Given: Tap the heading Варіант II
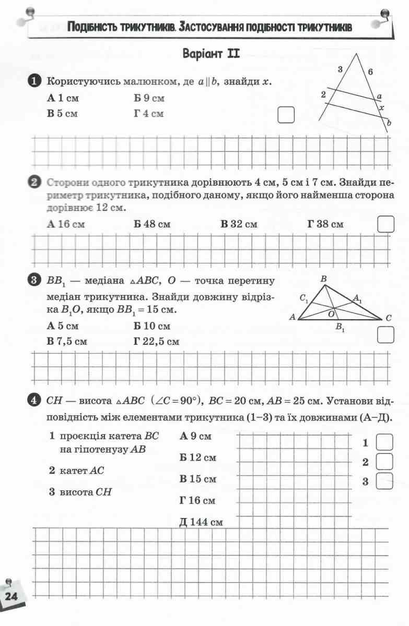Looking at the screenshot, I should pyautogui.click(x=211, y=54).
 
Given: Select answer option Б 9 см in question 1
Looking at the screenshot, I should pyautogui.click(x=149, y=98).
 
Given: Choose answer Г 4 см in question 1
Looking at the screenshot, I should pyautogui.click(x=148, y=113).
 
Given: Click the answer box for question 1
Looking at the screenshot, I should pyautogui.click(x=286, y=114).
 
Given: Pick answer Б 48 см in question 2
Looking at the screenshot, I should pyautogui.click(x=152, y=224).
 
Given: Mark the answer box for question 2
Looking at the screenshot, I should pyautogui.click(x=385, y=224).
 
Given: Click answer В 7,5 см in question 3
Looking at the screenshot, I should pyautogui.click(x=67, y=342).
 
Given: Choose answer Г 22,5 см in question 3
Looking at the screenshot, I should pyautogui.click(x=156, y=342).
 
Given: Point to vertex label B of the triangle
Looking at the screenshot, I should pyautogui.click(x=323, y=280).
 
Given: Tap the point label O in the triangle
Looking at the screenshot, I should pyautogui.click(x=331, y=314).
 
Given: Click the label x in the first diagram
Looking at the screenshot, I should pyautogui.click(x=382, y=107).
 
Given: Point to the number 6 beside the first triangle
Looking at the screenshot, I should pyautogui.click(x=370, y=73).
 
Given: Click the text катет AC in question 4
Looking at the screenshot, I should pyautogui.click(x=77, y=471).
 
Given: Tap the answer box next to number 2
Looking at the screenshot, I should pyautogui.click(x=384, y=462).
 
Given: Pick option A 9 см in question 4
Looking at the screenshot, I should pyautogui.click(x=195, y=436).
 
